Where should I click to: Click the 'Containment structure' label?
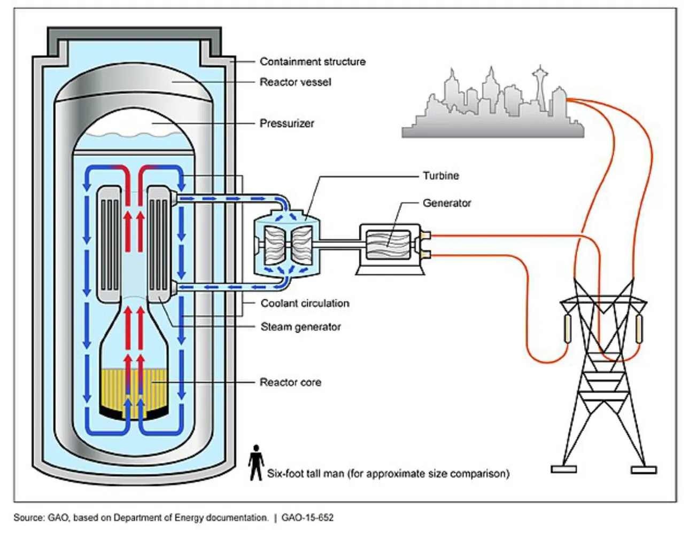pyautogui.click(x=312, y=61)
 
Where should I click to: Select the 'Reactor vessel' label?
pyautogui.click(x=295, y=82)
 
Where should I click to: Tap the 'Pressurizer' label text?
pyautogui.click(x=286, y=123)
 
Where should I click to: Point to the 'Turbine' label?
pyautogui.click(x=440, y=176)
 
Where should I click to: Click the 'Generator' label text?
pyautogui.click(x=447, y=203)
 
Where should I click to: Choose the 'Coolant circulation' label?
pyautogui.click(x=305, y=303)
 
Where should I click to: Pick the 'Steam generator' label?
pyautogui.click(x=300, y=327)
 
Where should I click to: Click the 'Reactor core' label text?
pyautogui.click(x=290, y=382)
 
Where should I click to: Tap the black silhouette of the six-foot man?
pyautogui.click(x=256, y=463)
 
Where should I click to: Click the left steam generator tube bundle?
pyautogui.click(x=109, y=243)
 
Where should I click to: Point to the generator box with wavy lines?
pyautogui.click(x=388, y=244)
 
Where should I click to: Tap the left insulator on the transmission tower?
pyautogui.click(x=567, y=328)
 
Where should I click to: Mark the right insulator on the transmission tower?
pyautogui.click(x=639, y=328)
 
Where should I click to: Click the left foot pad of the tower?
pyautogui.click(x=564, y=469)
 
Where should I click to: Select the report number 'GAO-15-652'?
pyautogui.click(x=307, y=518)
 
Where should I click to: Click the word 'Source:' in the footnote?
pyautogui.click(x=29, y=518)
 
